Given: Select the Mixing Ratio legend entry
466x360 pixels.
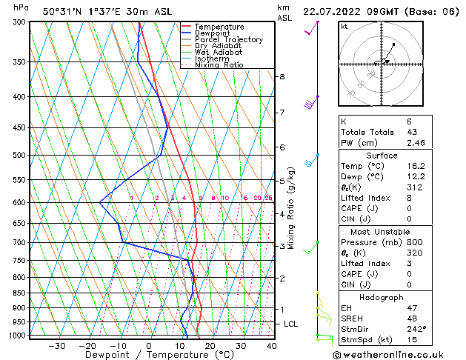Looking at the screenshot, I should (x=219, y=65).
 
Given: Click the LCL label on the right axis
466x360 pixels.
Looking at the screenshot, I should (x=291, y=324).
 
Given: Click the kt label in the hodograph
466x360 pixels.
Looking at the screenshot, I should (x=344, y=27).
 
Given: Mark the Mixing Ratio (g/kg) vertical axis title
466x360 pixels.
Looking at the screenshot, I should (x=291, y=208).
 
